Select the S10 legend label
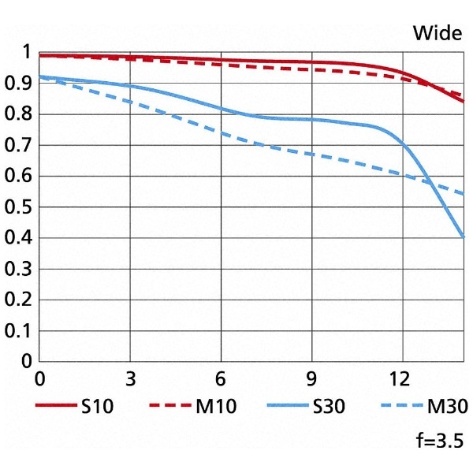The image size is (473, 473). [98, 407]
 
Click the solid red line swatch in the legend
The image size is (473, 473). [57, 407]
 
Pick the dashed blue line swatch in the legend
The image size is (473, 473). [402, 407]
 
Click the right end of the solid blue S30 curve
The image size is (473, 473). [463, 236]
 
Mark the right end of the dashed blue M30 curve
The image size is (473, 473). [463, 193]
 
